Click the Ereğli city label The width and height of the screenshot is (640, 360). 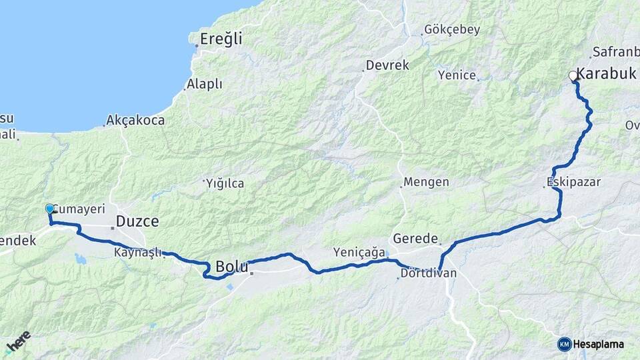pos(222,39)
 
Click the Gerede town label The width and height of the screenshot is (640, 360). pos(415,238)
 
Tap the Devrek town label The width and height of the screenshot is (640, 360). pos(387,65)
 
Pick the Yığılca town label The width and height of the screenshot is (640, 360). pos(225,183)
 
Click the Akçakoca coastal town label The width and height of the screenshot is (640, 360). pos(136,121)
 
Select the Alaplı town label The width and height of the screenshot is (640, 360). pos(205,84)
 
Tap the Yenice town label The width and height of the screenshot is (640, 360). pos(457,75)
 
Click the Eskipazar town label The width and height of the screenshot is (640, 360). pos(573,181)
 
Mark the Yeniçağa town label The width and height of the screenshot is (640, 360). pos(359,252)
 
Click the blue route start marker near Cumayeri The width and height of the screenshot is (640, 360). pos(49,209)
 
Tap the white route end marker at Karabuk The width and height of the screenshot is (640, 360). pos(573,77)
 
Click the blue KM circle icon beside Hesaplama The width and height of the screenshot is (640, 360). pos(564,344)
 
